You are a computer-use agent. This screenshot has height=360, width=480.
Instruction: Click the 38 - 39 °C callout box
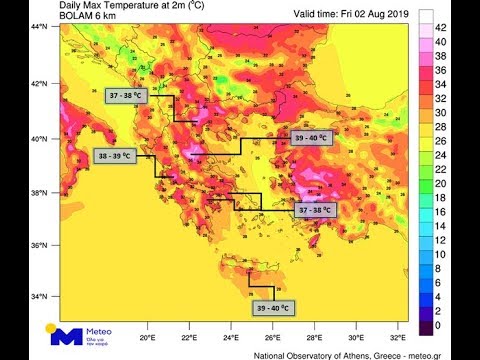[x=117, y=157]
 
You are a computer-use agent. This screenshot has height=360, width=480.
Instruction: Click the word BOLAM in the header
[x=76, y=18]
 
